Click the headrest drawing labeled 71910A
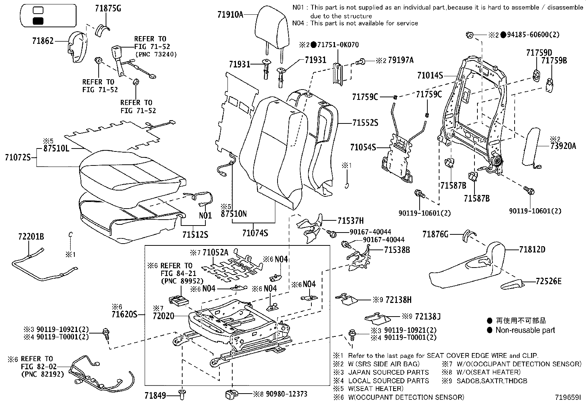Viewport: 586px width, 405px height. pos(271,28)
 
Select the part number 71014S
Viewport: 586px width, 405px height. pos(430,76)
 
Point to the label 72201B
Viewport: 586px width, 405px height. pos(31,237)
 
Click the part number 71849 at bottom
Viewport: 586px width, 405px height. pos(156,396)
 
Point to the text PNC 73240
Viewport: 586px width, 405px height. pos(156,54)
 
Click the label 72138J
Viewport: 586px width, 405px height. pos(428,316)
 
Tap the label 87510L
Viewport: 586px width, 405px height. pos(57,148)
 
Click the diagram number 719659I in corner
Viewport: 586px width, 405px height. pos(568,398)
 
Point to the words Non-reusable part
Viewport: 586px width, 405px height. pos(525,330)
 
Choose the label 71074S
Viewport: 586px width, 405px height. pos(255,233)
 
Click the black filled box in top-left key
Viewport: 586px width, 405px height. pos(38,21)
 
